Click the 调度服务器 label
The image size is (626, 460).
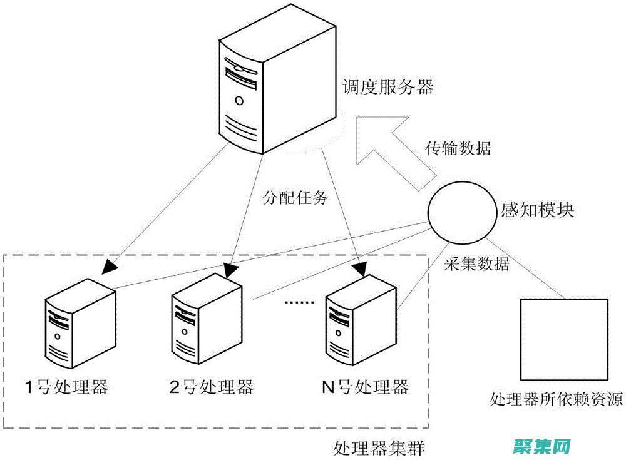click(x=388, y=87)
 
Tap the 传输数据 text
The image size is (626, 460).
click(x=458, y=149)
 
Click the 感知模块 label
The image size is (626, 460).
click(x=538, y=210)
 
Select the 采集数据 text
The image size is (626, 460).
click(x=476, y=263)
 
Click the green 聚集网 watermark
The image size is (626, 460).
click(x=543, y=447)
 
